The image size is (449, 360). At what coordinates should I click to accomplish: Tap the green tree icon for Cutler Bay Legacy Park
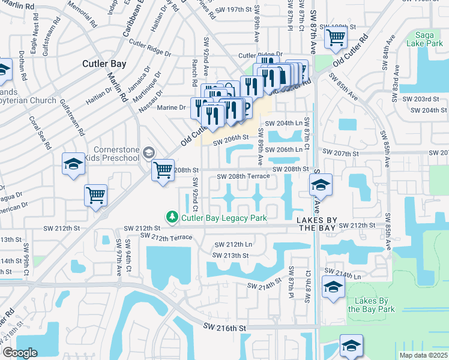[x=172, y=217]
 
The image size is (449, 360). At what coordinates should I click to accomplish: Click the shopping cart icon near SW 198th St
[x=336, y=38]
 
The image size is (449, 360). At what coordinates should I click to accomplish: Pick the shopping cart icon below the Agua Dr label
[x=96, y=195]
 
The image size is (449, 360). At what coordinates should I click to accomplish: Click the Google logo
[x=20, y=352]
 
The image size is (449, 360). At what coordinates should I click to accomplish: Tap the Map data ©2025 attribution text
[x=423, y=355]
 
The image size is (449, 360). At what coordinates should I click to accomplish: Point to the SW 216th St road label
[x=224, y=328]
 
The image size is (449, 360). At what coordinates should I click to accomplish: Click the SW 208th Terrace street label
[x=245, y=176]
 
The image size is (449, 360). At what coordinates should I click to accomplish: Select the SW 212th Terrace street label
[x=166, y=237]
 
